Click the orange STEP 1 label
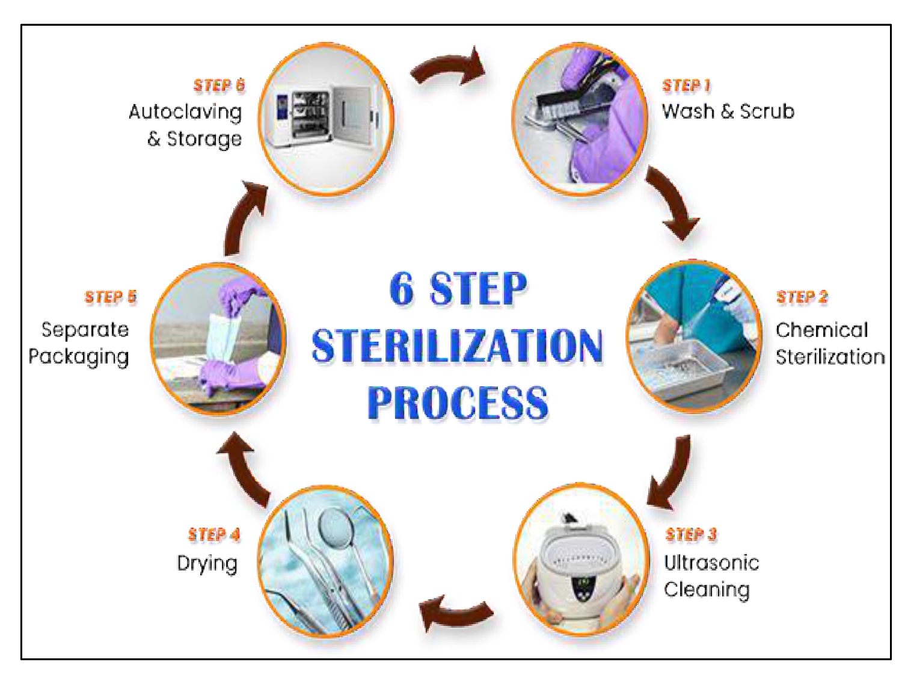pyautogui.click(x=686, y=85)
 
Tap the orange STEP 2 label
pyautogui.click(x=802, y=297)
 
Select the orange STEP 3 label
pyautogui.click(x=690, y=534)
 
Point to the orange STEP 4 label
pyautogui.click(x=213, y=534)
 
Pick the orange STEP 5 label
pyautogui.click(x=111, y=297)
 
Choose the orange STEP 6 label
pyautogui.click(x=219, y=85)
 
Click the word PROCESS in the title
pyautogui.click(x=458, y=402)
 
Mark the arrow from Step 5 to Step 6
pyautogui.click(x=245, y=218)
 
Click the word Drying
pyautogui.click(x=207, y=564)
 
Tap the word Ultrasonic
pyautogui.click(x=711, y=563)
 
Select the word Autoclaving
pyautogui.click(x=185, y=112)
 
